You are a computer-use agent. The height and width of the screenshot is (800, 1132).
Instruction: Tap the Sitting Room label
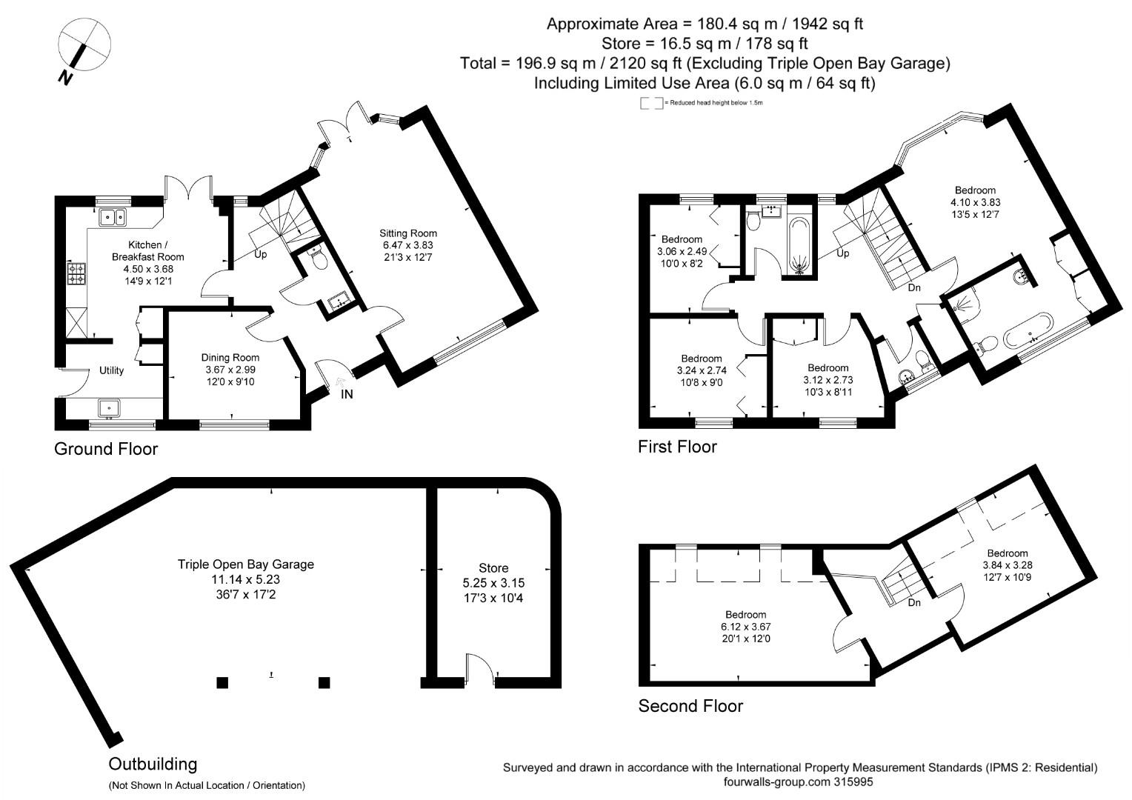tap(408, 233)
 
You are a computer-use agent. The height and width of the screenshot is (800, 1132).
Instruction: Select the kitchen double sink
tap(113, 217)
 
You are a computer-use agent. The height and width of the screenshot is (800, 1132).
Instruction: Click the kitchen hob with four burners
tap(76, 274)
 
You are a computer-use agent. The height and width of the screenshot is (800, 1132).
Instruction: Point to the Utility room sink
tap(109, 407)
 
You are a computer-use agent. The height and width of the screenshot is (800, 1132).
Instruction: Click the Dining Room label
tap(230, 357)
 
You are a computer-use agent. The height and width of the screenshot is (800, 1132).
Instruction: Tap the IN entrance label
tap(347, 394)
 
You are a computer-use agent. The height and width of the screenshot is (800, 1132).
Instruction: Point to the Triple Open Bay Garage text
tap(245, 564)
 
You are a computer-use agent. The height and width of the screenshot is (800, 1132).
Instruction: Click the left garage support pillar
tap(222, 683)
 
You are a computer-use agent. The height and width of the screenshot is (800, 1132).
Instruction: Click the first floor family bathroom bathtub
tap(799, 244)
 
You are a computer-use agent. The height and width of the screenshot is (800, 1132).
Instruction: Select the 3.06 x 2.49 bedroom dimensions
tap(682, 252)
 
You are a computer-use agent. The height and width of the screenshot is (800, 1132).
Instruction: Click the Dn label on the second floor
tap(914, 602)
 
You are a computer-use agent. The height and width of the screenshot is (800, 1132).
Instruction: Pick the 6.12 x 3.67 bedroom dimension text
tap(745, 626)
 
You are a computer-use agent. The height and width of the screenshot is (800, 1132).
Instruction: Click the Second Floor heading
tap(690, 706)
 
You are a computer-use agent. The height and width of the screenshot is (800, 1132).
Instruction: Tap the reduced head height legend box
tap(651, 103)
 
